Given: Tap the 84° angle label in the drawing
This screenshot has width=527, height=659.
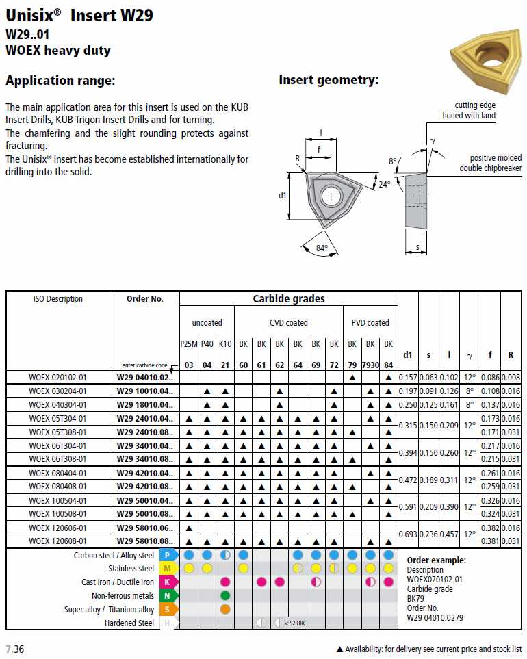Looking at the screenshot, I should (x=322, y=248).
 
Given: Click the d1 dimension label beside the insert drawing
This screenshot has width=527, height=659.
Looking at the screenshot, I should (x=283, y=196).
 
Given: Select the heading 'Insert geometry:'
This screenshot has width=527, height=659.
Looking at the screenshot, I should (x=329, y=80).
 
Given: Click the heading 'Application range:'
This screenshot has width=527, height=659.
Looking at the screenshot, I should (x=60, y=81).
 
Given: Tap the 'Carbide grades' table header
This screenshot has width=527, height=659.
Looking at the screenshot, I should (x=289, y=299).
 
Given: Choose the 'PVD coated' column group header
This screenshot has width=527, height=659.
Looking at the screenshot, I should (x=370, y=322).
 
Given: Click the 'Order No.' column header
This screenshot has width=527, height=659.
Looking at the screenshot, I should (x=145, y=299).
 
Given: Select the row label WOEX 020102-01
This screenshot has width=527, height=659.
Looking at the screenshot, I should (x=58, y=378).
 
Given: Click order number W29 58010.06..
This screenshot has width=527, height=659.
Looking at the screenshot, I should (x=145, y=528).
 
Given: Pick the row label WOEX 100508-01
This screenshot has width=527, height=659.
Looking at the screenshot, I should (x=58, y=513).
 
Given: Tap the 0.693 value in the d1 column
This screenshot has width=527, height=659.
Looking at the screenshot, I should (x=408, y=534).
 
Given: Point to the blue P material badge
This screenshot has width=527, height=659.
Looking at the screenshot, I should (x=168, y=555).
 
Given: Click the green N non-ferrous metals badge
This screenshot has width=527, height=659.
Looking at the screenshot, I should (x=168, y=596).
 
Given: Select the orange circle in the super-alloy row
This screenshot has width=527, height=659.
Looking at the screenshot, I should (x=225, y=609).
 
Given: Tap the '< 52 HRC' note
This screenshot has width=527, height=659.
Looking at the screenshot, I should (x=295, y=623).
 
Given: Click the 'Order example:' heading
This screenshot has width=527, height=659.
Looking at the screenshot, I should (x=436, y=560).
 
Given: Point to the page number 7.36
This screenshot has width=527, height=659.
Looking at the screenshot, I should (x=15, y=649).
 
